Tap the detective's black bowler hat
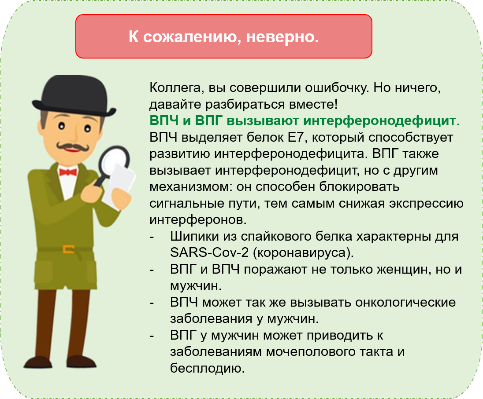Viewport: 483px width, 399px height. click(74, 96)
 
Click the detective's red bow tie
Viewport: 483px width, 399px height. click(68, 172)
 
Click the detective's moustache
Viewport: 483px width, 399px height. click(73, 146)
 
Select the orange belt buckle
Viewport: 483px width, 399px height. click(68, 249)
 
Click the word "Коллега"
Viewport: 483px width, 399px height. click(175, 88)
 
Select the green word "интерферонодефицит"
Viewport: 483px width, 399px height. click(341, 121)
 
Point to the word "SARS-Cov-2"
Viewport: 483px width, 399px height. click(209, 253)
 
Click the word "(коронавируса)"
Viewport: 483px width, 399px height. click(303, 253)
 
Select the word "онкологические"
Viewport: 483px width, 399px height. click(405, 303)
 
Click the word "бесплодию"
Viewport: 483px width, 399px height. click(207, 368)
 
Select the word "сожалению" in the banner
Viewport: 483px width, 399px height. click(192, 37)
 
